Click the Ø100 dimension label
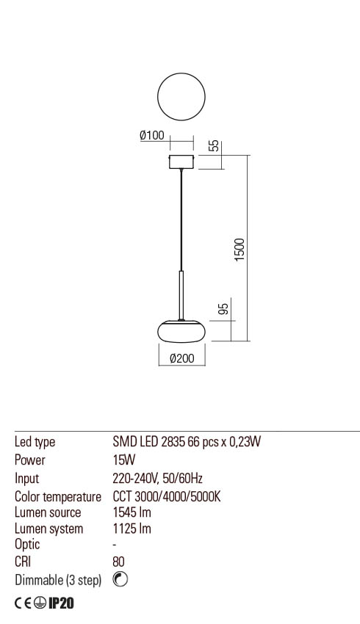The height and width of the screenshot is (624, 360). [x=151, y=136]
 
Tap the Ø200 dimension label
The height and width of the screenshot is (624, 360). [x=181, y=359]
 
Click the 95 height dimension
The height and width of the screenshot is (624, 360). [x=225, y=308]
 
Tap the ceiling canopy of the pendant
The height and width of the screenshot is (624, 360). [x=181, y=162]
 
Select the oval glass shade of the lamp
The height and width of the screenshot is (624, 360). [x=181, y=332]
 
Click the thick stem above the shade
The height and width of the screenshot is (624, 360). [x=181, y=294]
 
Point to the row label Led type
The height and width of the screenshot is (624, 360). [x=35, y=442]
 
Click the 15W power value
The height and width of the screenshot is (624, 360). [x=124, y=460]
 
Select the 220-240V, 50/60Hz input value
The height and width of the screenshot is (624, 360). [x=157, y=479]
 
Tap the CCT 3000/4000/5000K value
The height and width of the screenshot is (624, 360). [x=167, y=496]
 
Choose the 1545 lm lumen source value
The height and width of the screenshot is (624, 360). [x=132, y=512]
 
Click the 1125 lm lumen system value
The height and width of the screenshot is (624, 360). [x=132, y=529]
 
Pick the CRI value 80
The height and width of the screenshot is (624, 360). [x=119, y=562]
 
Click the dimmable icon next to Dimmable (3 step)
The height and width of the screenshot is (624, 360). [x=120, y=579]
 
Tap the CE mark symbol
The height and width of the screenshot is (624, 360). [x=25, y=603]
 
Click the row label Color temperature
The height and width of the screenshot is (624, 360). [x=58, y=496]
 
